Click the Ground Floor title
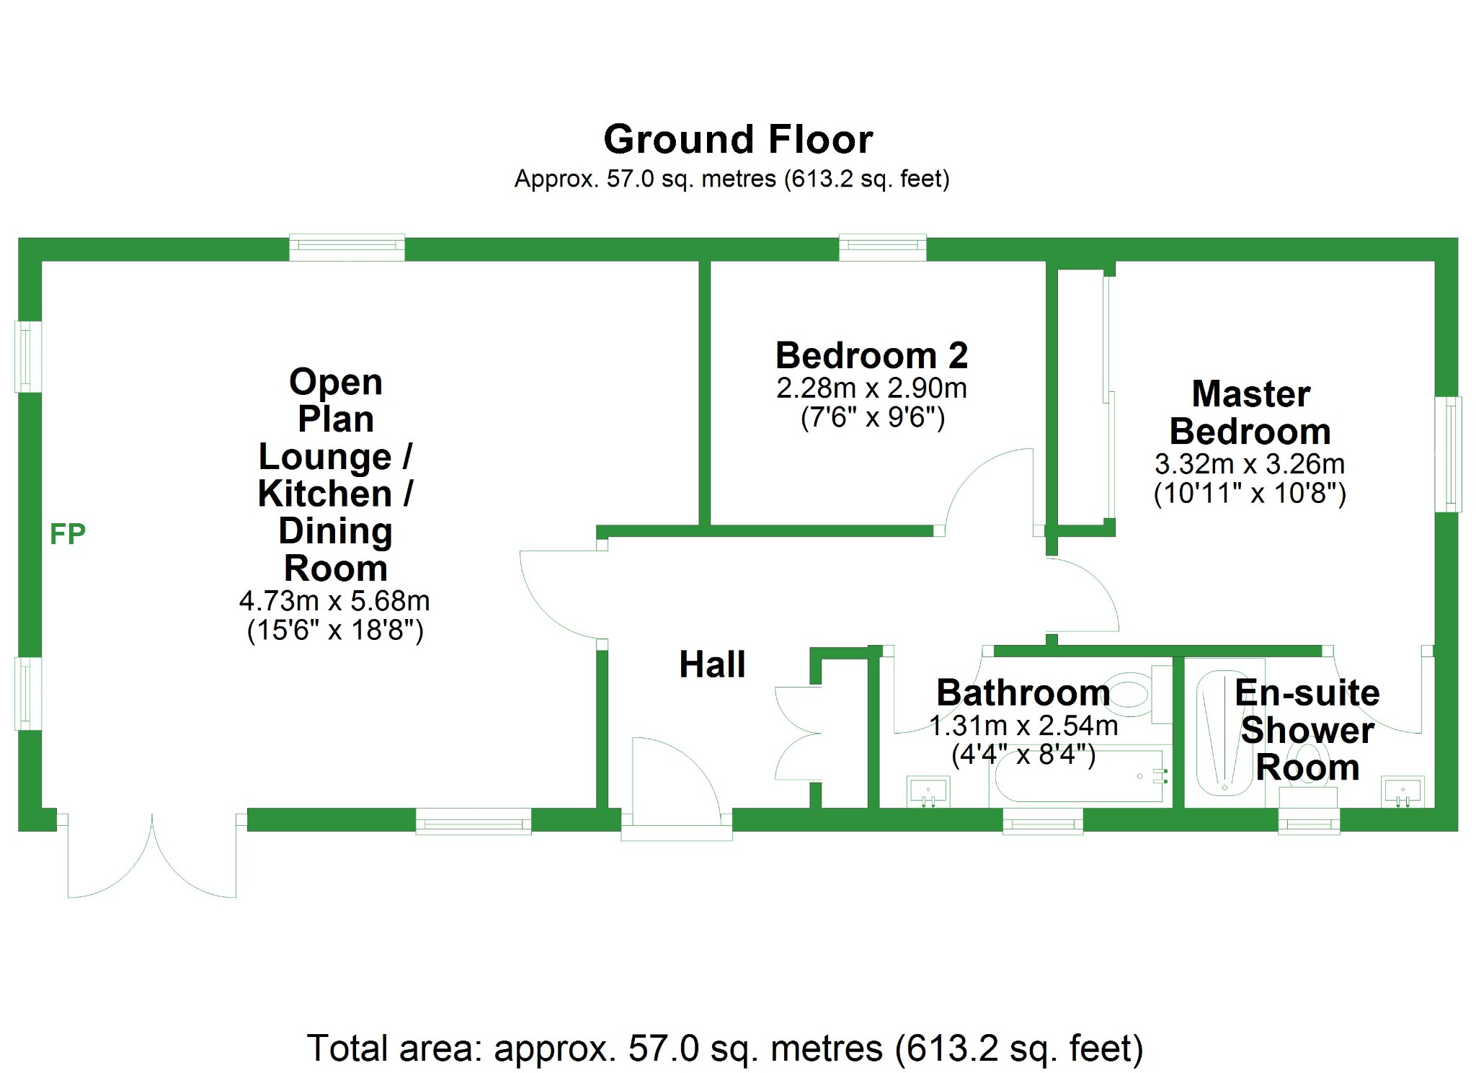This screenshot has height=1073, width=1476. click(738, 139)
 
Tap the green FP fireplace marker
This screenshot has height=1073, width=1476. click(68, 534)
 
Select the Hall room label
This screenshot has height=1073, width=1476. click(712, 664)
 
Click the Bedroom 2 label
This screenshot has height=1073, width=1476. click(871, 355)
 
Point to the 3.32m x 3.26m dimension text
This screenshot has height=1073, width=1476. click(1249, 463)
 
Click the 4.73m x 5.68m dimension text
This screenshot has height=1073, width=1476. click(334, 600)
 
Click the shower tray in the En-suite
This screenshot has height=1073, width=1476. click(1223, 733)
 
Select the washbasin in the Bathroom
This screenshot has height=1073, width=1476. click(928, 791)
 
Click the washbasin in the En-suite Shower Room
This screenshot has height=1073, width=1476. click(1402, 791)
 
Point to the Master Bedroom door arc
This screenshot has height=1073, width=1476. click(1085, 595)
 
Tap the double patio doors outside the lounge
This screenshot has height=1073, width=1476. click(152, 858)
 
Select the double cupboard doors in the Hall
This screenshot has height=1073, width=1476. click(796, 734)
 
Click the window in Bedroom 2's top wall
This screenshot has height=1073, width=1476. click(882, 246)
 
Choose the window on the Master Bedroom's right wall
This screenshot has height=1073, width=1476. click(1448, 454)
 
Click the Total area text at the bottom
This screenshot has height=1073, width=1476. click(724, 1048)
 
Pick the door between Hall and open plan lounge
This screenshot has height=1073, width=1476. click(559, 595)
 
